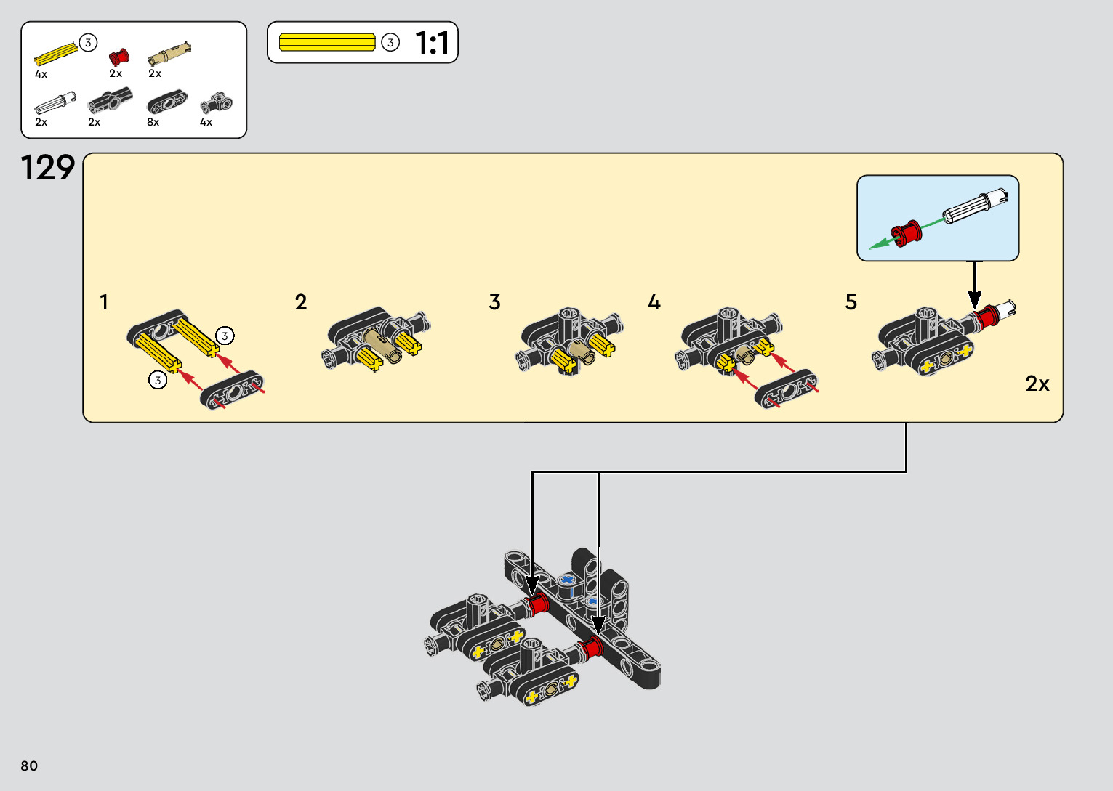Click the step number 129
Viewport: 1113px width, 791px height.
48,169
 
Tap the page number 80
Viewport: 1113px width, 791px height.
29,766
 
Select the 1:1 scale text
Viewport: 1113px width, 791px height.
432,44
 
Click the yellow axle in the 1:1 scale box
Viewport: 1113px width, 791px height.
327,42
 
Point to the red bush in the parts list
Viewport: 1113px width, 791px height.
118,57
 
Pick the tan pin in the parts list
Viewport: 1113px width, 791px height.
169,54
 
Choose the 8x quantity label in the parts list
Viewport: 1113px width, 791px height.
153,122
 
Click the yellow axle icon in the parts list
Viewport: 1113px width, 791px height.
56,53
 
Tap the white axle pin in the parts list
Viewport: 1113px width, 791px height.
55,104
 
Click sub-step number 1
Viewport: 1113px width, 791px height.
104,302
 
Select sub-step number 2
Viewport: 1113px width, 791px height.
301,302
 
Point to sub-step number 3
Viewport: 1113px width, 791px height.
495,302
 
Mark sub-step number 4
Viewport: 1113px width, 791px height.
654,302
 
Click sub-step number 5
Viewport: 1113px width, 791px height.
851,302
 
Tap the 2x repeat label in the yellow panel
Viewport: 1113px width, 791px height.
1037,384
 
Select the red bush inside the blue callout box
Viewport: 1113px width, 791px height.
907,233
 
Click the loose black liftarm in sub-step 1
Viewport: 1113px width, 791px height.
233,391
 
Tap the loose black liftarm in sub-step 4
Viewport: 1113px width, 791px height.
787,389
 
